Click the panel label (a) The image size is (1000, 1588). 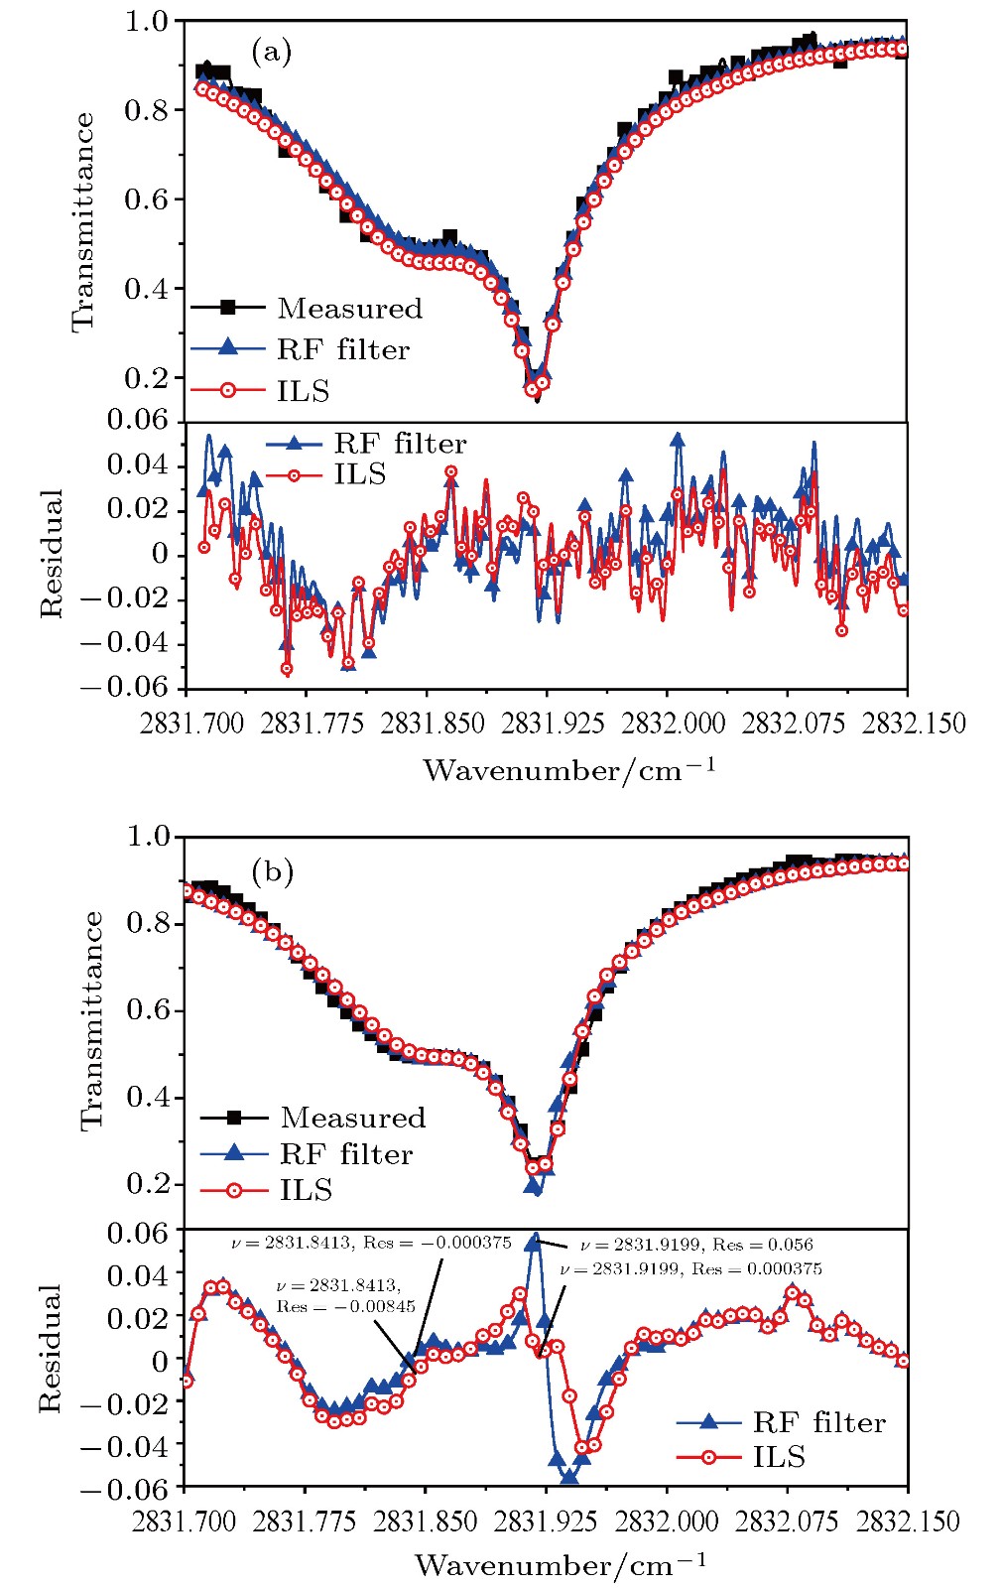click(x=271, y=52)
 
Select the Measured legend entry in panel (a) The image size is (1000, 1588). click(x=349, y=309)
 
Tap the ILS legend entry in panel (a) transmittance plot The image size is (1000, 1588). click(x=303, y=391)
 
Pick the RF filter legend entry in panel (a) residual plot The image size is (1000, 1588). click(x=399, y=444)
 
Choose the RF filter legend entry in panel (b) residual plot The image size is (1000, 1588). click(x=818, y=1422)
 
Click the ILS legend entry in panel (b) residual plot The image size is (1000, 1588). click(x=779, y=1457)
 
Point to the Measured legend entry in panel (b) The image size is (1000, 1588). click(x=352, y=1118)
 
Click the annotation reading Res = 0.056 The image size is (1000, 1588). click(x=696, y=1245)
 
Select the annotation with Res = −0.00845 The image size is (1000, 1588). click(x=345, y=1296)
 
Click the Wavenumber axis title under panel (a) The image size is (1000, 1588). click(x=569, y=770)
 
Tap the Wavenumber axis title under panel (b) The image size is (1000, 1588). click(x=561, y=1565)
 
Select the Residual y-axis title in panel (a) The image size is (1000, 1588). click(x=52, y=554)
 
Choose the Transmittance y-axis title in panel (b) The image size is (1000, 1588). click(x=91, y=1020)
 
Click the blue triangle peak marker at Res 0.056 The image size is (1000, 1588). click(x=534, y=1240)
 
